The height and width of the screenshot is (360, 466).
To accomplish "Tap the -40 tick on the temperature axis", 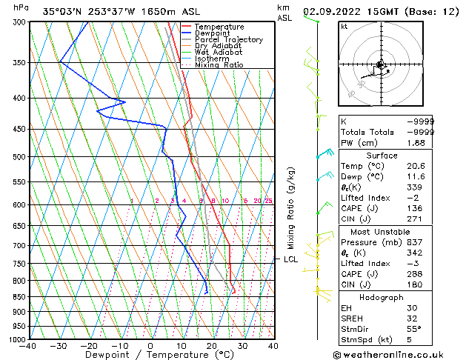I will [x=29, y=345].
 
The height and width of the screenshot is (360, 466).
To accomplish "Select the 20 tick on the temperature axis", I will [x=212, y=345].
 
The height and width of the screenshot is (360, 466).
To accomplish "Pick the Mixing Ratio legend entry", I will [x=219, y=64].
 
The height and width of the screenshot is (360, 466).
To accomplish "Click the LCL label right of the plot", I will [x=291, y=259].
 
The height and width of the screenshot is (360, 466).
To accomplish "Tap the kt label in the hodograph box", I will [x=344, y=26].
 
